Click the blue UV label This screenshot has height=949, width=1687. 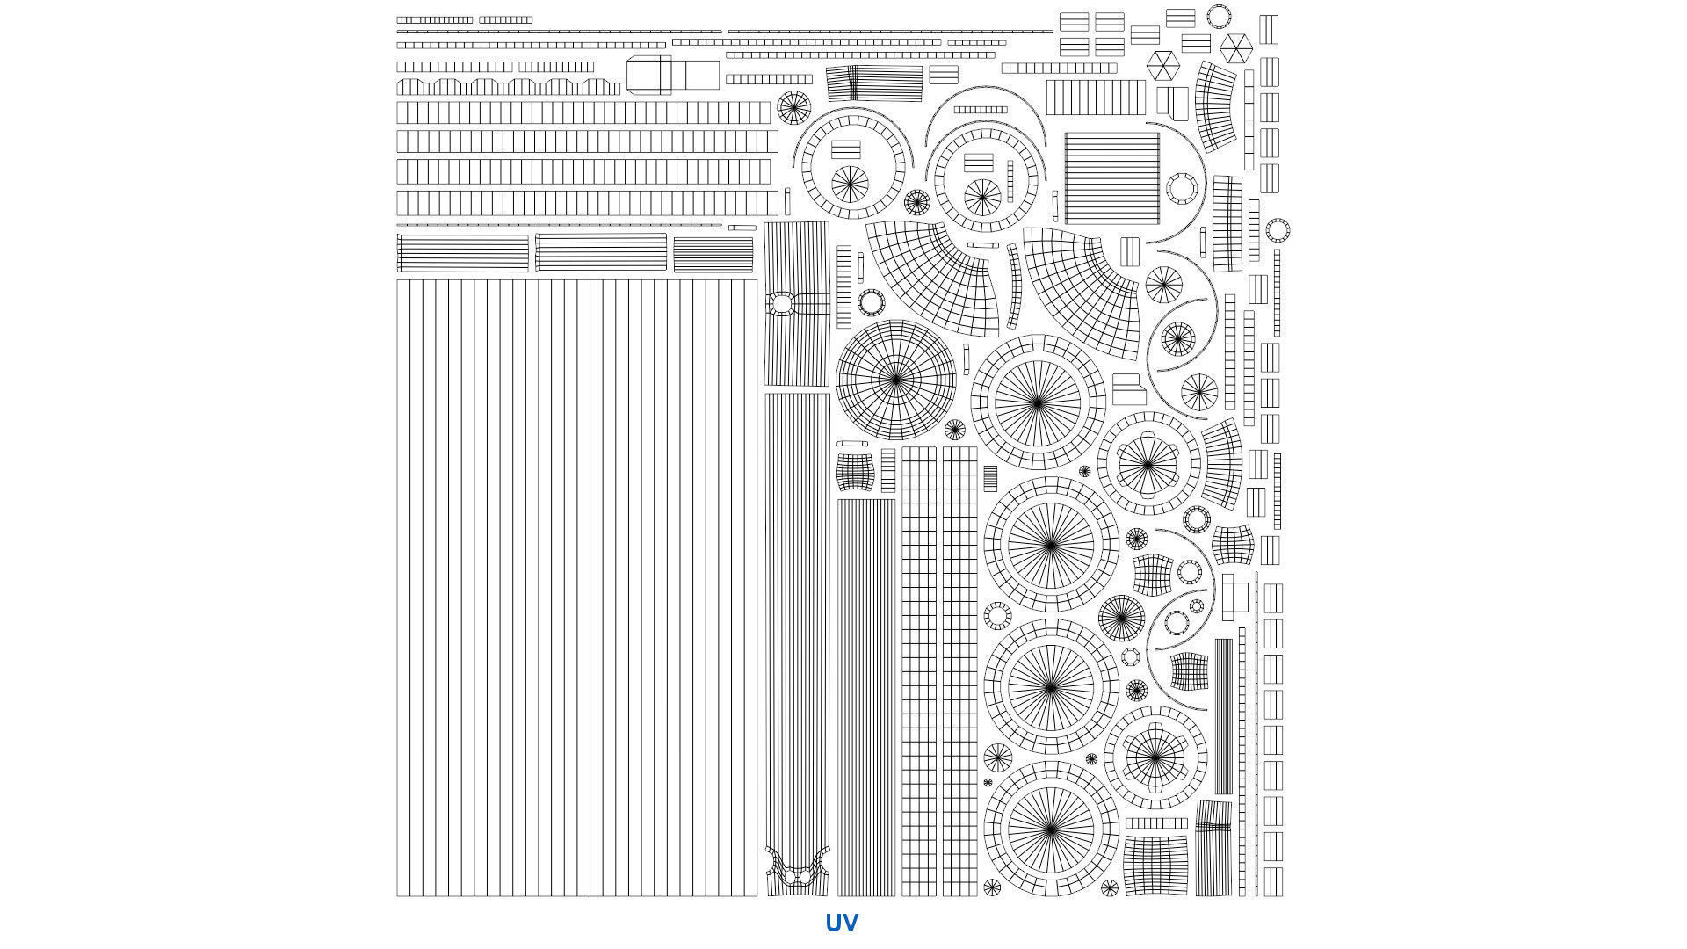coord(841,923)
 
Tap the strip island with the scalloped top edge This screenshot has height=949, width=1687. coord(508,87)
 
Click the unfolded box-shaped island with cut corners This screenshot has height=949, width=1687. coord(672,75)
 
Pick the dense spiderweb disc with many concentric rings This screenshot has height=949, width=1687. coord(895,380)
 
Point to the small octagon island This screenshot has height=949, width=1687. coord(1130,656)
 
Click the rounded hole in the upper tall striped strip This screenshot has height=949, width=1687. coord(780,304)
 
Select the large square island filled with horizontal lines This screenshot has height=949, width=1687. coord(1111,178)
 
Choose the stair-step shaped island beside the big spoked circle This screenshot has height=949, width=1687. coord(1128,389)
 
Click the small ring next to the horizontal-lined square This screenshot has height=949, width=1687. coord(1181,188)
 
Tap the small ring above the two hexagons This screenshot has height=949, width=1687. coord(1219,16)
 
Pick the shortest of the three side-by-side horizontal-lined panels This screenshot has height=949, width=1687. coord(713,254)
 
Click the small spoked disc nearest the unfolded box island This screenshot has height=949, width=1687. coord(793,107)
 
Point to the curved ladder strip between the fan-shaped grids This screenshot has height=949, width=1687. coord(1015,286)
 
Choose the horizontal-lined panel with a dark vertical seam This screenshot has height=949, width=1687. coord(873,83)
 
